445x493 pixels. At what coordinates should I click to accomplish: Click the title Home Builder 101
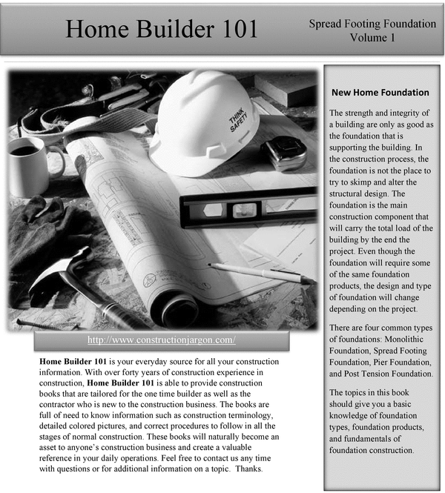(162, 28)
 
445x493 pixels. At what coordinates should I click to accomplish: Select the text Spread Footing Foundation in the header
(373, 24)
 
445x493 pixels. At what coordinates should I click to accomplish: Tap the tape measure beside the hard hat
(284, 152)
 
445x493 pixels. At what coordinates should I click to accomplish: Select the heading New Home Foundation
(380, 93)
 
